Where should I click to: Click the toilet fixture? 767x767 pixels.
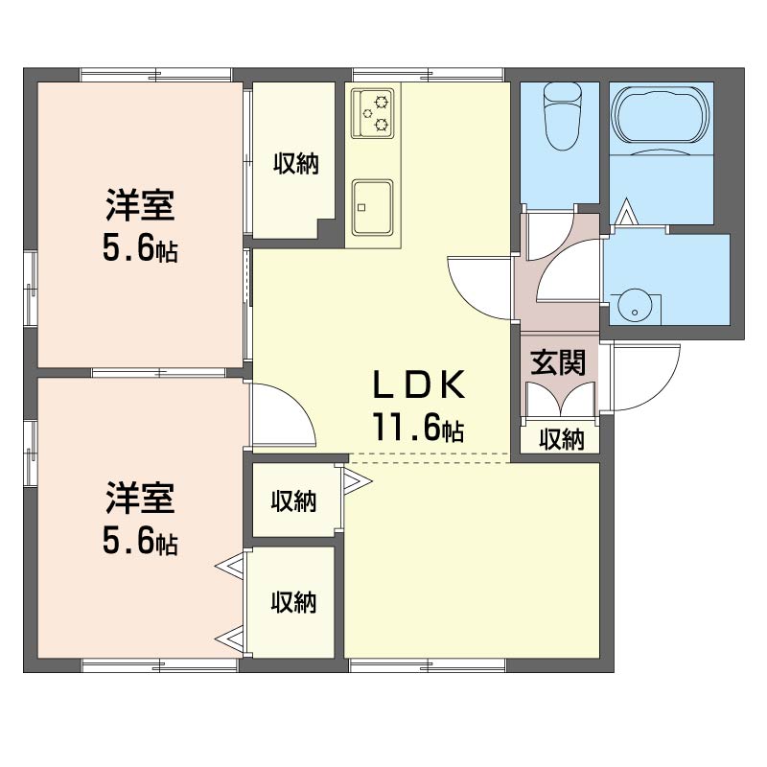(562, 116)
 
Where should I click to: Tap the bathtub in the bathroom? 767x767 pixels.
(661, 116)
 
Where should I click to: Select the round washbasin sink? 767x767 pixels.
(635, 308)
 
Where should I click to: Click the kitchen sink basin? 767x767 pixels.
(373, 207)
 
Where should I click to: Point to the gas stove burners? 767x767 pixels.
(373, 113)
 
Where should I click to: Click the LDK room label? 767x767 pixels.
(418, 384)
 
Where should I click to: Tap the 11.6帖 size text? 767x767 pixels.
(418, 426)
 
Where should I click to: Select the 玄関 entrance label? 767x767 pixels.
(558, 362)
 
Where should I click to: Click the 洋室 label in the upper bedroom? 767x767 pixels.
(140, 205)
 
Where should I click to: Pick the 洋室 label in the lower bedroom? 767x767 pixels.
(140, 498)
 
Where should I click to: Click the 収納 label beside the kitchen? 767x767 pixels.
(296, 163)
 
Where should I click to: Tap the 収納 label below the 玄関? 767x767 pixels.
(562, 439)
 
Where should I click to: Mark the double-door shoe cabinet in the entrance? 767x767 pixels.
(561, 399)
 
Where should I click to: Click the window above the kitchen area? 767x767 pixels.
(428, 75)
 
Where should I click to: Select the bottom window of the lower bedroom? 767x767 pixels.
(159, 665)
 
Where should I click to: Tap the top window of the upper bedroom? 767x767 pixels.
(155, 75)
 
